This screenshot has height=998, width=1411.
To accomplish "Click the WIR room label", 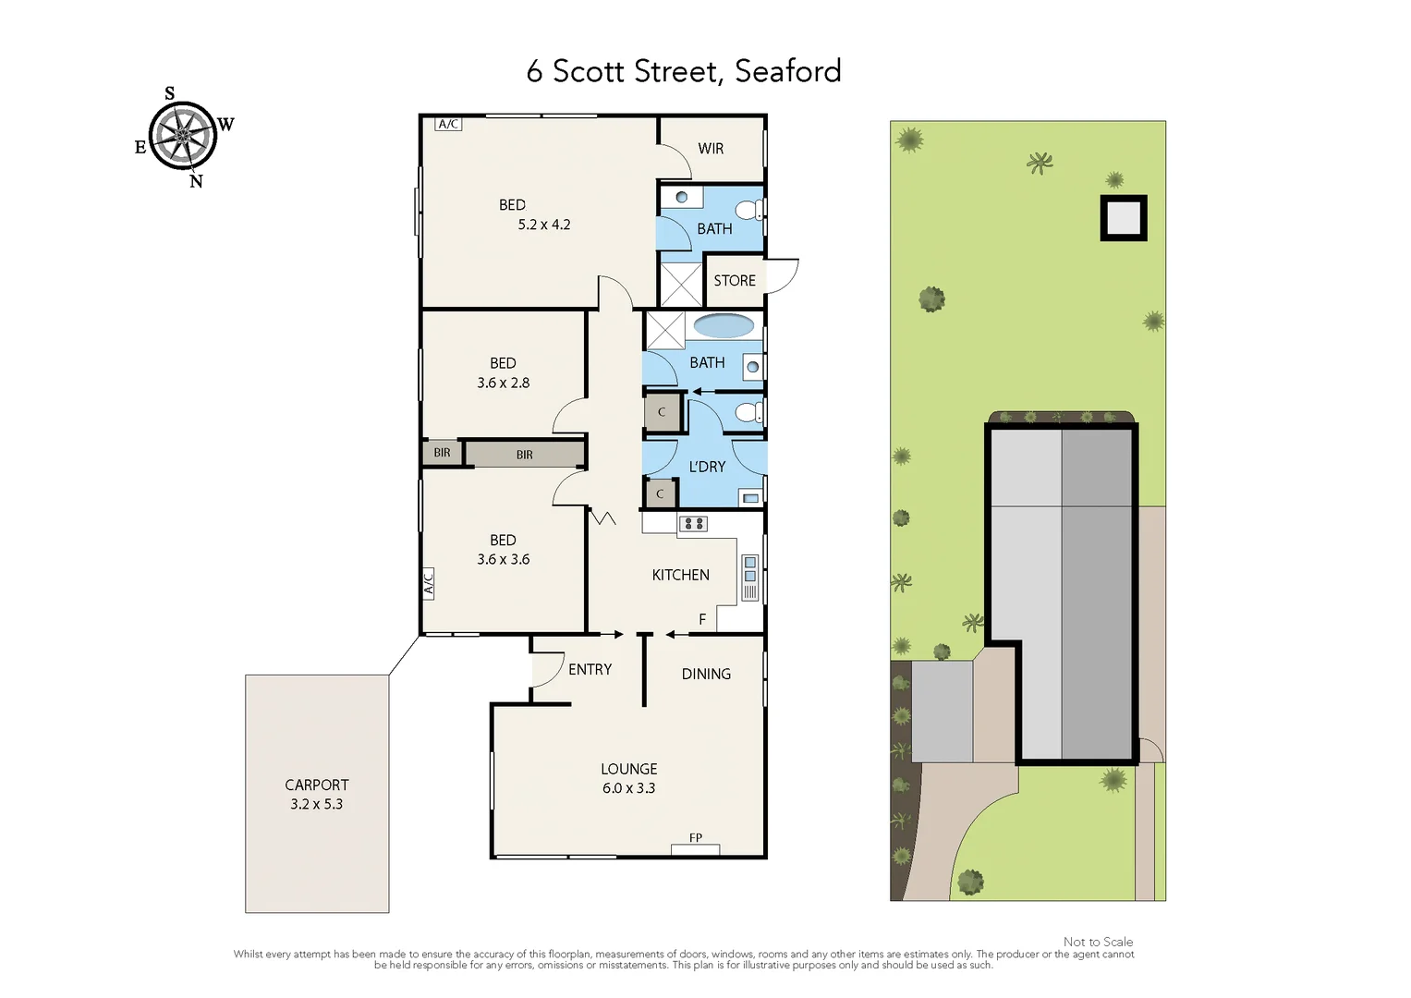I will click(x=711, y=149).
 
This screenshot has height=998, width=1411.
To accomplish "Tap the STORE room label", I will click(x=735, y=281).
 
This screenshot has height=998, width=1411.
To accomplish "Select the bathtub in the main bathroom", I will click(x=724, y=325).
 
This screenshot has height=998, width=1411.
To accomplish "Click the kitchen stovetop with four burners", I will click(x=693, y=524).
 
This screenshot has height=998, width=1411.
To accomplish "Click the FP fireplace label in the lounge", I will click(x=696, y=838).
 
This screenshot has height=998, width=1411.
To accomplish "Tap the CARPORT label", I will click(x=317, y=785).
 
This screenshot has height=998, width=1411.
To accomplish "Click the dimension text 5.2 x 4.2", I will click(x=544, y=225).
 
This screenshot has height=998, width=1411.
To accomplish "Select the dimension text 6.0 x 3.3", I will click(x=628, y=788).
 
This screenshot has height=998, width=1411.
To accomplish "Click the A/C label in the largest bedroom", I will click(x=448, y=124).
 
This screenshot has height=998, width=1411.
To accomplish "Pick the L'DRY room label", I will click(x=707, y=467).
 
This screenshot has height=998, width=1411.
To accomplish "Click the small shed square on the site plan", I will click(x=1123, y=218).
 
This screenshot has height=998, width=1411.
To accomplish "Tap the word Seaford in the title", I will click(x=787, y=71).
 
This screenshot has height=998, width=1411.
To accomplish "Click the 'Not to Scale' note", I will click(x=1098, y=942).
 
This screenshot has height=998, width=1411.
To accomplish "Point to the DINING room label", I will click(x=706, y=675).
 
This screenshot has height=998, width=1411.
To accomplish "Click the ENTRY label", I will click(x=590, y=670).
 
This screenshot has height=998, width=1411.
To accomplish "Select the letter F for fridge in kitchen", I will click(x=702, y=619).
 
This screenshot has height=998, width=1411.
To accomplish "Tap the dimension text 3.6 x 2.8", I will click(x=504, y=383).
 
